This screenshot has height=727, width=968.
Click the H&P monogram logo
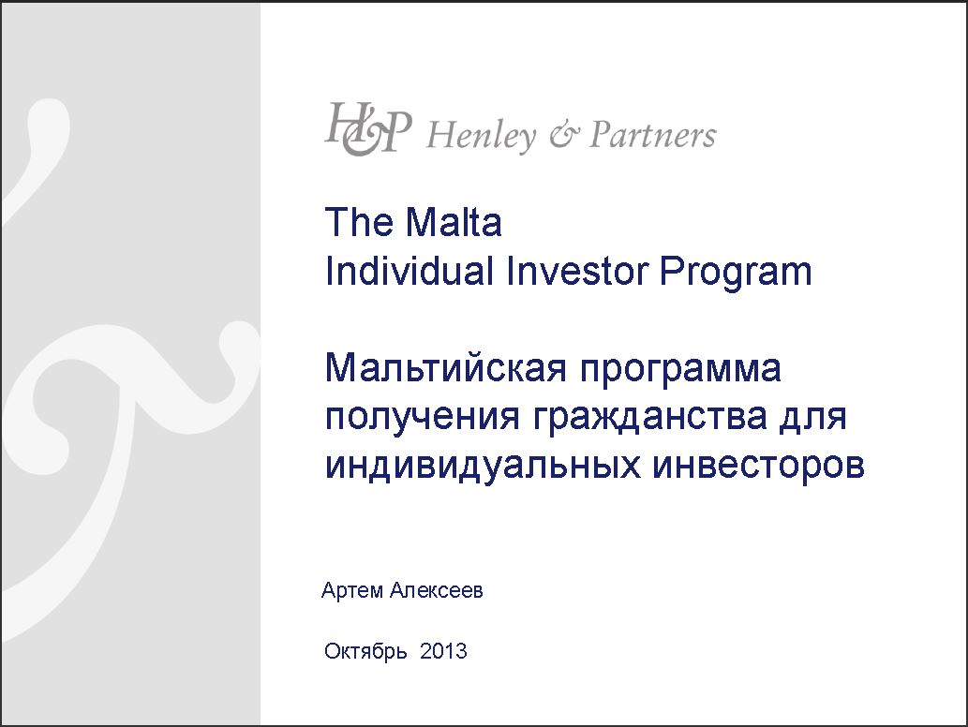[x=368, y=129]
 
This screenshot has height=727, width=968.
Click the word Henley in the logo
[x=481, y=135]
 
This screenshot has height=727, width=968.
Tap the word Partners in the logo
[x=653, y=135]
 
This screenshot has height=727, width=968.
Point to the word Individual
[x=410, y=271]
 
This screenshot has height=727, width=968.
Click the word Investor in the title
[x=577, y=271]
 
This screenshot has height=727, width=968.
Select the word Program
[x=736, y=273]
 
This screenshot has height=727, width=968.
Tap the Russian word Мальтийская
[x=446, y=368]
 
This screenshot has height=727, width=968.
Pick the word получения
[x=423, y=417]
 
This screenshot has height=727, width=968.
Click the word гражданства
[x=650, y=419]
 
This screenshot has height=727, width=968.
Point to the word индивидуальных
[x=483, y=467]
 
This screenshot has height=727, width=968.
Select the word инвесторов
[x=759, y=467]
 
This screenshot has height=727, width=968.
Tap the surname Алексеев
[x=437, y=590]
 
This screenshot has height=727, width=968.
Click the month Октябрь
[x=365, y=652]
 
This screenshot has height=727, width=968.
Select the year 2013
[x=443, y=651]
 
